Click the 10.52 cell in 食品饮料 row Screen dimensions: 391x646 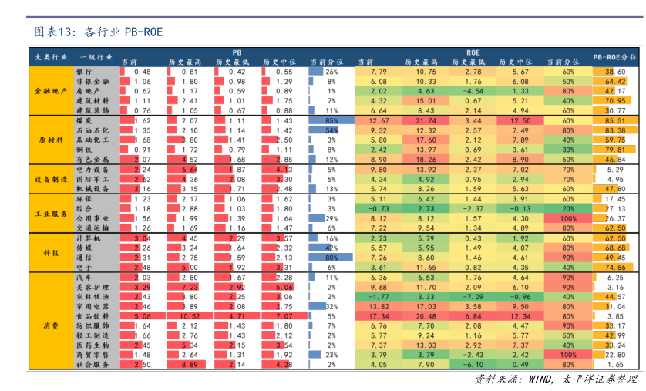click(x=190, y=316)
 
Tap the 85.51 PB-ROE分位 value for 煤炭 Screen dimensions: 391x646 click(x=614, y=121)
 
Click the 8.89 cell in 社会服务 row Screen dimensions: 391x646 click(x=190, y=364)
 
